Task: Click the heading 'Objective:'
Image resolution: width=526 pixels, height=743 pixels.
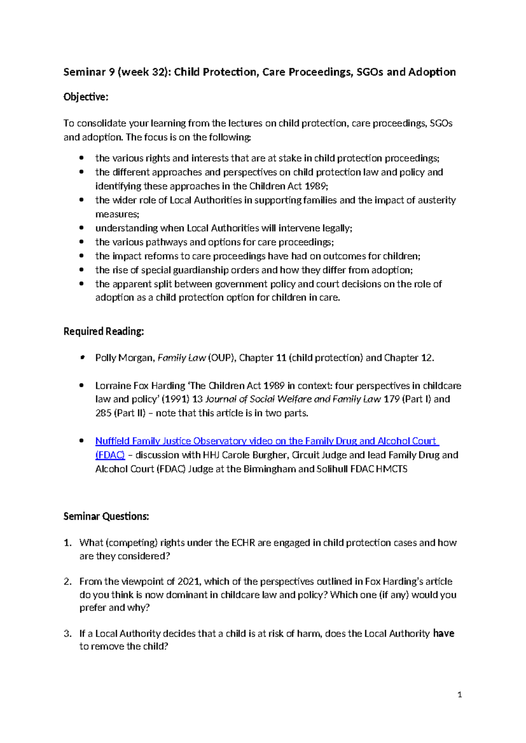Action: point(85,97)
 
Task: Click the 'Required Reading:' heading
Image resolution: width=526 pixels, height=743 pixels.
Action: point(103,331)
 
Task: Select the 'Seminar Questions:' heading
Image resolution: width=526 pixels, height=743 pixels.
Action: point(106,516)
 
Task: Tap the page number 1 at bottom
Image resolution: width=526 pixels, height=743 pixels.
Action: point(459,694)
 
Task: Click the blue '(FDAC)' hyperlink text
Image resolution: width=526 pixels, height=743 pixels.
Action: point(110,455)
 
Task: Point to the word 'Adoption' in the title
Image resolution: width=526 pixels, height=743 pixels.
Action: point(432,72)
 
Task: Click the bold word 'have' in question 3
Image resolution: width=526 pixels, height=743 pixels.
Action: point(444,633)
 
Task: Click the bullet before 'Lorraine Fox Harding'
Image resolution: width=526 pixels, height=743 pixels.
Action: point(81,386)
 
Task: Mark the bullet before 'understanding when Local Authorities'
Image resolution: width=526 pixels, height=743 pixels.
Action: point(81,228)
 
